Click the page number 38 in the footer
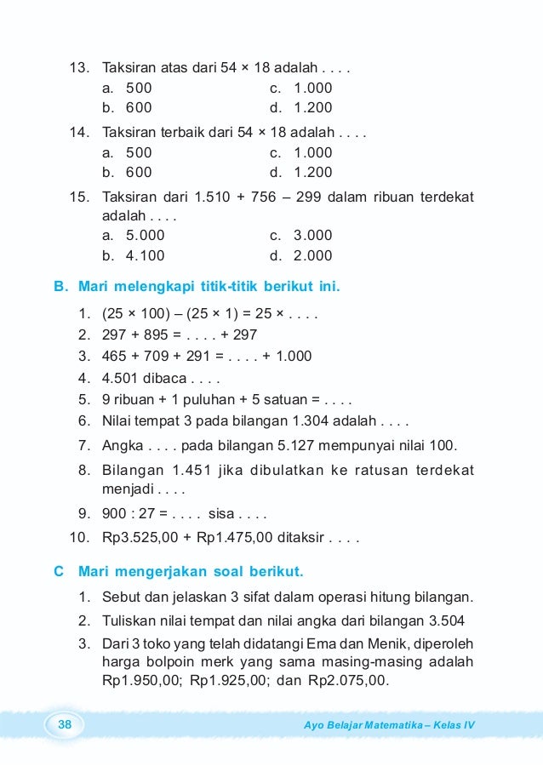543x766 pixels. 64,724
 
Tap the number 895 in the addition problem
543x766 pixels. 157,335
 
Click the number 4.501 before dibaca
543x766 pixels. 119,378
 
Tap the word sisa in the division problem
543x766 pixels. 223,515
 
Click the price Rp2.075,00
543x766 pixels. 348,681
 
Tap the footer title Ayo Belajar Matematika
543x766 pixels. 363,725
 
